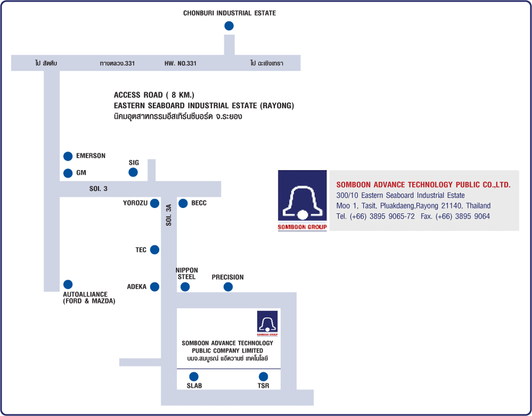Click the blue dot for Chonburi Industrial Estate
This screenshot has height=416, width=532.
[x=229, y=26]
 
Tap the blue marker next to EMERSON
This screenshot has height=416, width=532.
[x=68, y=156]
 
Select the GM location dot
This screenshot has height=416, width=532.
[x=68, y=173]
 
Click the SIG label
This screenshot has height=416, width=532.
[x=134, y=163]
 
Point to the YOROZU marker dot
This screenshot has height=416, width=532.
[x=154, y=203]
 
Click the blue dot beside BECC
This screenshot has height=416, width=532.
[x=183, y=203]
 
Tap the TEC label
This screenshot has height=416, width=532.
[x=141, y=250]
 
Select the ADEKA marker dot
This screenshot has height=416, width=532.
[x=154, y=287]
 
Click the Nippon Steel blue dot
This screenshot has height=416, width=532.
[x=185, y=287]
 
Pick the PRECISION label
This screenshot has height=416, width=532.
[x=228, y=277]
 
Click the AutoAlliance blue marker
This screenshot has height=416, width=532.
[x=68, y=284]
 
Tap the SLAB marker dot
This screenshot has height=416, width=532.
[x=194, y=376]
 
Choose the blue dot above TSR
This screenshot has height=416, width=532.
[x=263, y=376]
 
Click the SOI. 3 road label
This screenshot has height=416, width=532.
[x=98, y=189]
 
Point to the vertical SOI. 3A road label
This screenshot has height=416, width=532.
[x=169, y=215]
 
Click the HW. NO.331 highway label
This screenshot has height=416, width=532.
[x=180, y=63]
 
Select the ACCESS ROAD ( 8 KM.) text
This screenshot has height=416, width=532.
[x=154, y=95]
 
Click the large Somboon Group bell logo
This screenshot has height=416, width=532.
[x=302, y=201]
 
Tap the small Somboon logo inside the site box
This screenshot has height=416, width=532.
[x=268, y=323]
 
